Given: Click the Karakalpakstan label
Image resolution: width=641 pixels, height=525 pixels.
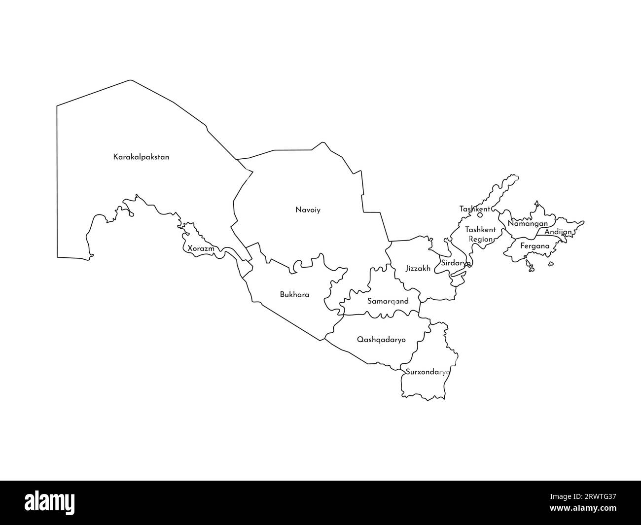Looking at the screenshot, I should [x=141, y=157].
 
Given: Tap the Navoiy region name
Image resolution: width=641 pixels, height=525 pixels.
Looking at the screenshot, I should [x=308, y=210].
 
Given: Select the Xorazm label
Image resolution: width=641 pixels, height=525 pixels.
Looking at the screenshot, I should [x=201, y=249].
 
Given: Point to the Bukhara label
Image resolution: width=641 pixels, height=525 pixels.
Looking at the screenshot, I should [x=294, y=295].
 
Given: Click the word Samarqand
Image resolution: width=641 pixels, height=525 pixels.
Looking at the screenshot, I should [x=388, y=301].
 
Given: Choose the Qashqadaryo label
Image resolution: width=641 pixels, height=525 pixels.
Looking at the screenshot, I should [x=381, y=340].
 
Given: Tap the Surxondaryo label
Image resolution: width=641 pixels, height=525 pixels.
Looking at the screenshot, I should [x=427, y=372].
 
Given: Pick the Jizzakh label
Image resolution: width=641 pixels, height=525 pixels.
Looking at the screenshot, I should [x=418, y=269].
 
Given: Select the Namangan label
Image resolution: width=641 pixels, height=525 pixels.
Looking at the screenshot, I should [x=528, y=224].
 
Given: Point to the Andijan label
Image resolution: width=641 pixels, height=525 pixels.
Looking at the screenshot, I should [x=558, y=232].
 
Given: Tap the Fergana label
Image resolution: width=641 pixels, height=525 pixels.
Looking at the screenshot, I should [x=535, y=246].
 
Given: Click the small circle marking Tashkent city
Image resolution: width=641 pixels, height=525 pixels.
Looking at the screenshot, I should [x=480, y=215].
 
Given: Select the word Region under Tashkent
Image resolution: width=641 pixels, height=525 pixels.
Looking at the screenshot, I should [x=480, y=240].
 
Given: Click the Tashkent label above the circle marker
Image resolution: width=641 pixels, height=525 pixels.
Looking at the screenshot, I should [x=474, y=209].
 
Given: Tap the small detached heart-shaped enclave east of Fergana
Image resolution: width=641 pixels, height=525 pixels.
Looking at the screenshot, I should [x=551, y=264].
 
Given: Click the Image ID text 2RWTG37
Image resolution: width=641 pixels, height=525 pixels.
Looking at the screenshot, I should [x=590, y=497].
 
